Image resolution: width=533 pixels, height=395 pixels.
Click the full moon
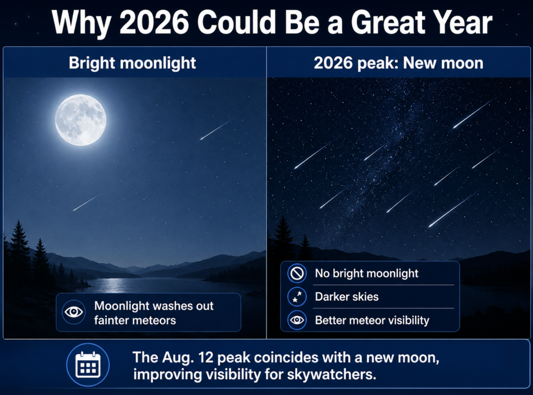[x=81, y=120]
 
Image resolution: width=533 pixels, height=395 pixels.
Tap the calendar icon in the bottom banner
[x=87, y=365]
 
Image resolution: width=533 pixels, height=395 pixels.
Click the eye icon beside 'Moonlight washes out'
[x=74, y=312]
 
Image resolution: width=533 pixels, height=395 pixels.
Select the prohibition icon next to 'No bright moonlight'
[x=297, y=273]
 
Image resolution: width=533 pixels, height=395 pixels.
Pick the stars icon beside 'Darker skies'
[x=297, y=297]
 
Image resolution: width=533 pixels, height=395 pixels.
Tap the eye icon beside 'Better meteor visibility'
[x=297, y=320]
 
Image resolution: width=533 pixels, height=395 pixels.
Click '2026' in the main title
[x=154, y=22]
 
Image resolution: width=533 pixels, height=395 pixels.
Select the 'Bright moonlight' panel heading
[x=132, y=63]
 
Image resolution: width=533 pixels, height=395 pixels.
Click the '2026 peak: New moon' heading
[x=398, y=63]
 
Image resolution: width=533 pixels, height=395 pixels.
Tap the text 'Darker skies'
[x=347, y=297]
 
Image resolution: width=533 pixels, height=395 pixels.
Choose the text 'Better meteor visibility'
[x=372, y=320]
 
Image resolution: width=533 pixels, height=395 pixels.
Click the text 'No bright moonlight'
[x=366, y=273]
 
